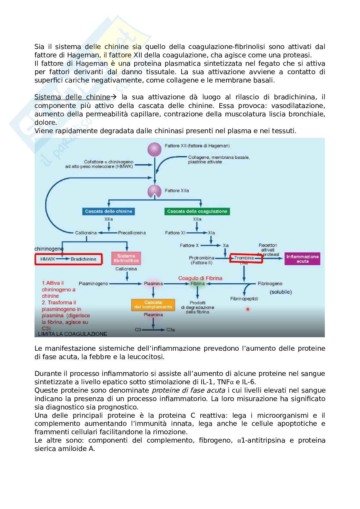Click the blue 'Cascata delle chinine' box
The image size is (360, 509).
[108, 211]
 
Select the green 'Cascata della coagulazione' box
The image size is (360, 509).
[197, 211]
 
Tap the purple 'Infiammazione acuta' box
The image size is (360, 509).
[302, 259]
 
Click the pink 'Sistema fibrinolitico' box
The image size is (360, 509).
[126, 258]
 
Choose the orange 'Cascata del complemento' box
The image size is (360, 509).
[153, 305]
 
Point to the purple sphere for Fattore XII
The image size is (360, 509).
[154, 149]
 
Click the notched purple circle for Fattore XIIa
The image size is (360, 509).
[154, 191]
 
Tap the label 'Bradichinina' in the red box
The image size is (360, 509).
[84, 259]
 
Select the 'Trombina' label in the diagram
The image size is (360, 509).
[244, 258]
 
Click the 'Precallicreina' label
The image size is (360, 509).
[132, 233]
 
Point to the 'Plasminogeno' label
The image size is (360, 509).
[93, 284]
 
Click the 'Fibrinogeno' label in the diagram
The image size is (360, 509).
[270, 284]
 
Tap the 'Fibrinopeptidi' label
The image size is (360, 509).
[244, 299]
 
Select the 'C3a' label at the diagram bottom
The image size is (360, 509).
[171, 330]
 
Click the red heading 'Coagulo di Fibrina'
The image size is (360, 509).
[200, 278]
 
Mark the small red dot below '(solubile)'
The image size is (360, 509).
[248, 309]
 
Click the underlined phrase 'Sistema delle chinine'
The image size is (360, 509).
[72, 97]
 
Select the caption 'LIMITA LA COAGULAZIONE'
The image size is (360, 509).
[73, 334]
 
